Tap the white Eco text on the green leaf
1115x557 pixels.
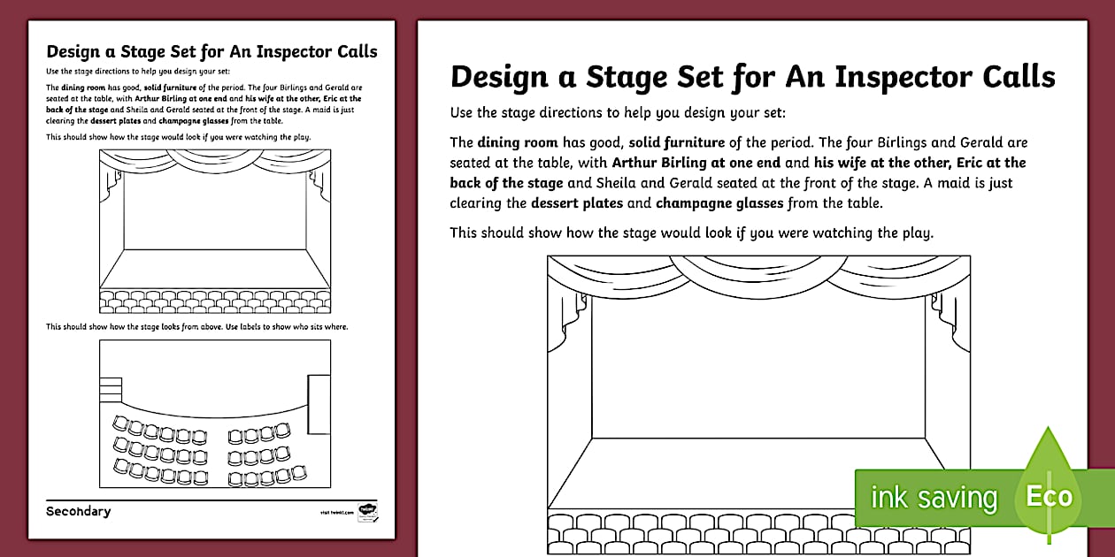click(x=1049, y=496)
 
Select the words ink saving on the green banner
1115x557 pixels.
click(x=934, y=498)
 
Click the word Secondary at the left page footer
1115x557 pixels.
click(x=79, y=511)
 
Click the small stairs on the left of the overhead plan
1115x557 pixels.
click(x=110, y=389)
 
